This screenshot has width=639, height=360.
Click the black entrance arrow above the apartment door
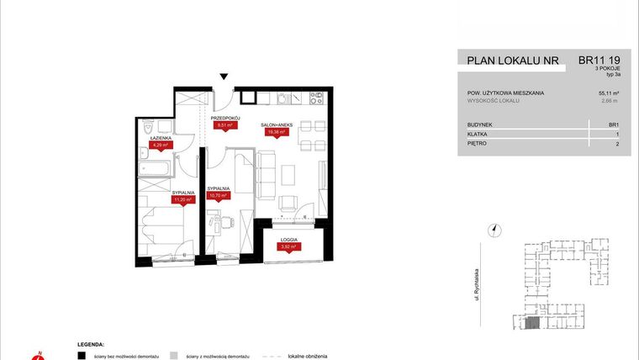(224, 77)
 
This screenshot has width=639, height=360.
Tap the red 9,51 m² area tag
(224, 127)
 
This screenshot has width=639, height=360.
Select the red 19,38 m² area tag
(277, 132)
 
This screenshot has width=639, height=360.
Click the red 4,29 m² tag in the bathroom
(160, 145)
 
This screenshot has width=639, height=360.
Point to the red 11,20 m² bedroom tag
(183, 200)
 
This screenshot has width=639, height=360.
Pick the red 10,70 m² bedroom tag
(219, 195)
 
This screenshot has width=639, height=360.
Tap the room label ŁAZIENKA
(161, 137)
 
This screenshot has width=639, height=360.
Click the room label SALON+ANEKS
(278, 124)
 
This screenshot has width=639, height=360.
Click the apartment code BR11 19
(599, 60)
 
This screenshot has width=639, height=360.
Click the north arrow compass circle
(495, 227)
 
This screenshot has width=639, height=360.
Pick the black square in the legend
(82, 356)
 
